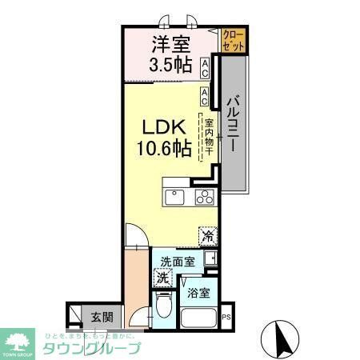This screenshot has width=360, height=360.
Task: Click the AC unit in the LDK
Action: pyautogui.click(x=206, y=97)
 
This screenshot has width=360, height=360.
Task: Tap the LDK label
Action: pyautogui.click(x=165, y=126)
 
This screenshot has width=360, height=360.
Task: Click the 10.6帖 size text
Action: pyautogui.click(x=165, y=146)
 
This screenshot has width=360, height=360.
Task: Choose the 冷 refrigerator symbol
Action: pyautogui.click(x=209, y=236)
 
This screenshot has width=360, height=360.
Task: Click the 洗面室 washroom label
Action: pyautogui.click(x=176, y=262)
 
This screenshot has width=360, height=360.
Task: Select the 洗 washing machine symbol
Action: pyautogui.click(x=162, y=279)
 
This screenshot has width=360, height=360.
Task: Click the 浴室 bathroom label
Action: pyautogui.click(x=198, y=293)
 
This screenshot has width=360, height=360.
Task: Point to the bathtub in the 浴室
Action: pyautogui.click(x=199, y=319)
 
